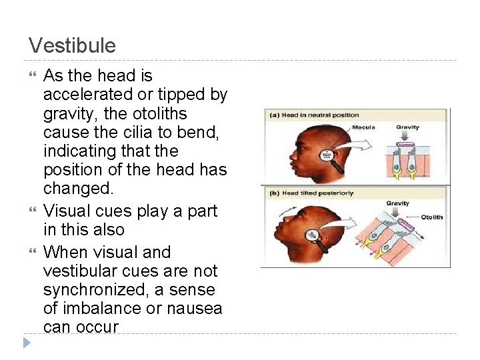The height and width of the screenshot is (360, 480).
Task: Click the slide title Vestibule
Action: coord(72,46)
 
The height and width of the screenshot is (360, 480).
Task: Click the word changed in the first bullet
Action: coord(76,189)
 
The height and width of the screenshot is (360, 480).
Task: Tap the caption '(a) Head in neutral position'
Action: coord(304,115)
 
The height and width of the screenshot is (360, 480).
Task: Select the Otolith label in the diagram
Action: coord(431,217)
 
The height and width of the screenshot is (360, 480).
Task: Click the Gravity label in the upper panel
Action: coord(407,127)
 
